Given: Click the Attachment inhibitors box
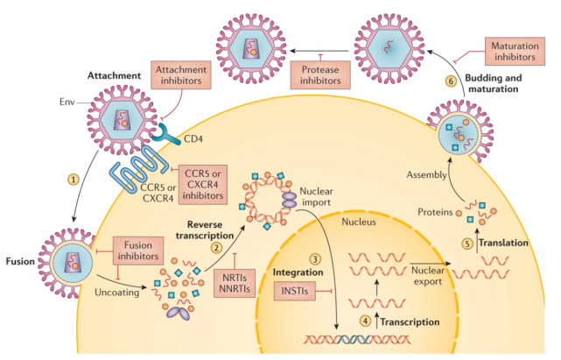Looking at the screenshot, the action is (181, 74).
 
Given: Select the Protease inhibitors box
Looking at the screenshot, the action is (320, 74).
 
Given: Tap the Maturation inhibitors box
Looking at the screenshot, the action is (515, 51).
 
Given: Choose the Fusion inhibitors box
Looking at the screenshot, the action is (138, 251).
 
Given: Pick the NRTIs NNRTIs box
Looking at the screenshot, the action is (235, 283).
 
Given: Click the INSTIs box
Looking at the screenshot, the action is (295, 291).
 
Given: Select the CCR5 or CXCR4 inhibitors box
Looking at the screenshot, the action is (203, 185).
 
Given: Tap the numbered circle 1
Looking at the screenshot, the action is (74, 179).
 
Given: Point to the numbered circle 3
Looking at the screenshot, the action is (315, 259).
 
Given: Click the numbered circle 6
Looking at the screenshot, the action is (451, 81).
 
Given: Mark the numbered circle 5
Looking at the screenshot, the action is (467, 244).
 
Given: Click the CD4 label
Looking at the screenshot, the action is (193, 138).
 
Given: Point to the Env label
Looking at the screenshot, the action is (67, 102).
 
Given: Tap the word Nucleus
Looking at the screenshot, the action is (359, 222).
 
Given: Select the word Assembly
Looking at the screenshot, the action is (426, 175).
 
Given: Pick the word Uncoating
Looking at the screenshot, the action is (117, 293).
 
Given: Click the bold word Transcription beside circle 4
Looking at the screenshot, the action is (410, 322).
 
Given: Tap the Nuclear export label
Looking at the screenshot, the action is (428, 276).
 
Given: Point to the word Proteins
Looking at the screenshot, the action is (435, 212).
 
